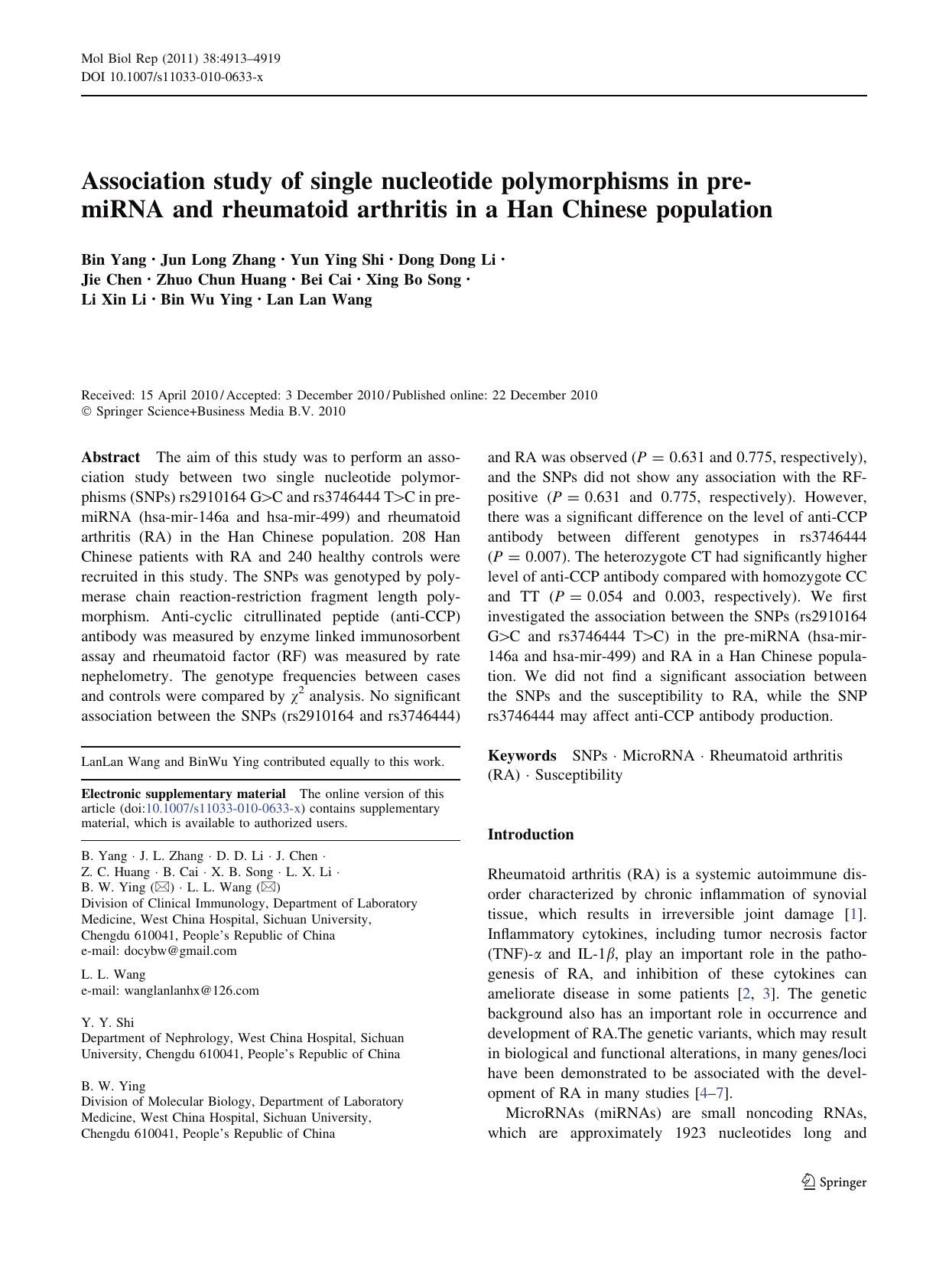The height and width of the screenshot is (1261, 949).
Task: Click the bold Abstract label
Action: [111, 458]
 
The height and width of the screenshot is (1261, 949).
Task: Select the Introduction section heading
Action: [531, 834]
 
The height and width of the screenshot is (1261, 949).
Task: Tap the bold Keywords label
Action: [522, 756]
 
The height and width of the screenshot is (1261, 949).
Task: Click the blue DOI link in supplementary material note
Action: [224, 809]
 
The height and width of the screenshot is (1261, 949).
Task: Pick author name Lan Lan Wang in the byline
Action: [319, 300]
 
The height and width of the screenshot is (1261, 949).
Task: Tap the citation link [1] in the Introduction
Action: [853, 914]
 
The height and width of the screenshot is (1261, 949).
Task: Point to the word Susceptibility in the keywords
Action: [579, 775]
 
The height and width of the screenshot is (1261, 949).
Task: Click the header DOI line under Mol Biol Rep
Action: [172, 77]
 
